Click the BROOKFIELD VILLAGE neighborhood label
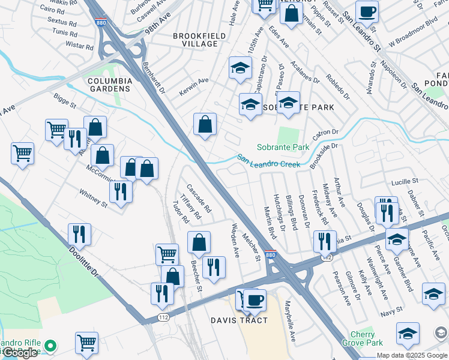pyautogui.click(x=195, y=40)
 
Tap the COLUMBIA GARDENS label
pyautogui.click(x=109, y=84)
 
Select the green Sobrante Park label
pyautogui.click(x=283, y=147)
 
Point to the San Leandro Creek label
pyautogui.click(x=268, y=161)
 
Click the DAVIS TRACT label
pyautogui.click(x=238, y=320)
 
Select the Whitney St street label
pyautogui.click(x=93, y=199)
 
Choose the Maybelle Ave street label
pyautogui.click(x=291, y=329)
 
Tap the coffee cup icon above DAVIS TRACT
pyautogui.click(x=255, y=299)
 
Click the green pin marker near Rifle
pyautogui.click(x=50, y=346)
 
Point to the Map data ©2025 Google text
pyautogui.click(x=412, y=355)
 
